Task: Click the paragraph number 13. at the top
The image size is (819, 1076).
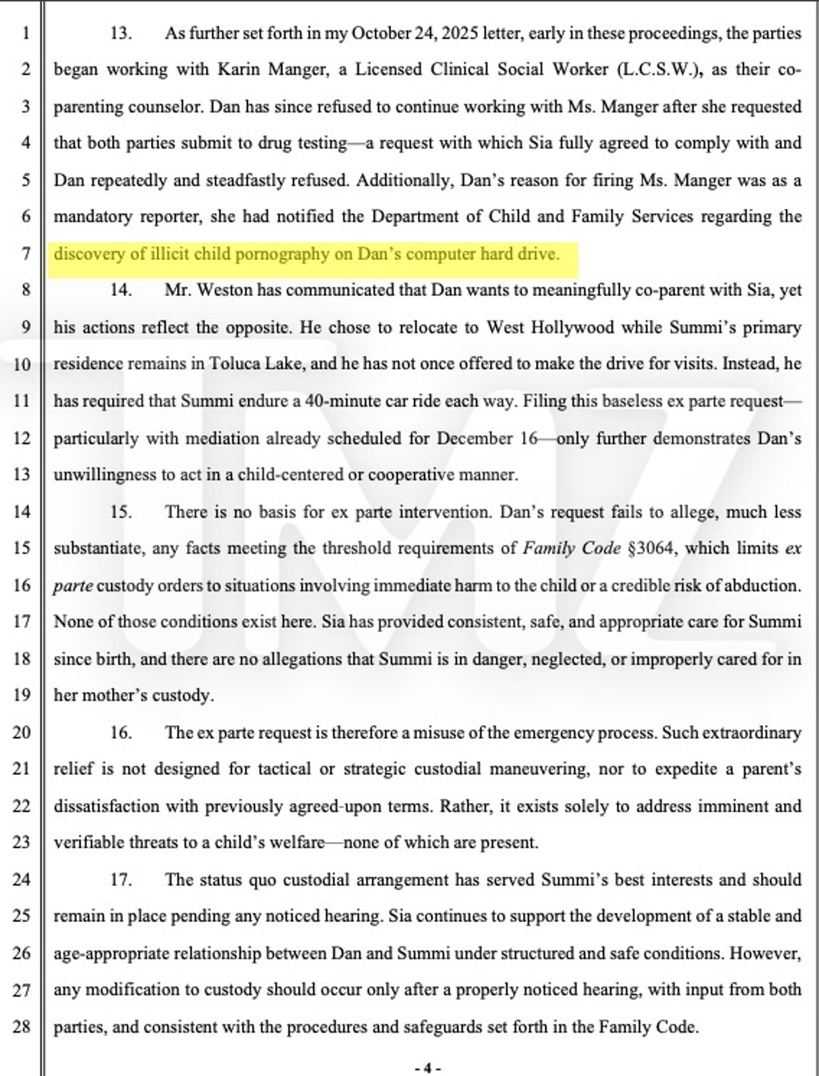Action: pyautogui.click(x=121, y=33)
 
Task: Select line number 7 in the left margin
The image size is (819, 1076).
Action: pyautogui.click(x=25, y=253)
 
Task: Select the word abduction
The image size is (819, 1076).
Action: pyautogui.click(x=766, y=586)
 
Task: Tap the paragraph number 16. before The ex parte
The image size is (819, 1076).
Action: pyautogui.click(x=121, y=733)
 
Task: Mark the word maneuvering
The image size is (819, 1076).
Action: pyautogui.click(x=538, y=769)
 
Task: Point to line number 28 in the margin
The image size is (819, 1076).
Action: pyautogui.click(x=23, y=1026)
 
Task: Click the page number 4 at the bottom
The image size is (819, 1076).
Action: pyautogui.click(x=427, y=1068)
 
